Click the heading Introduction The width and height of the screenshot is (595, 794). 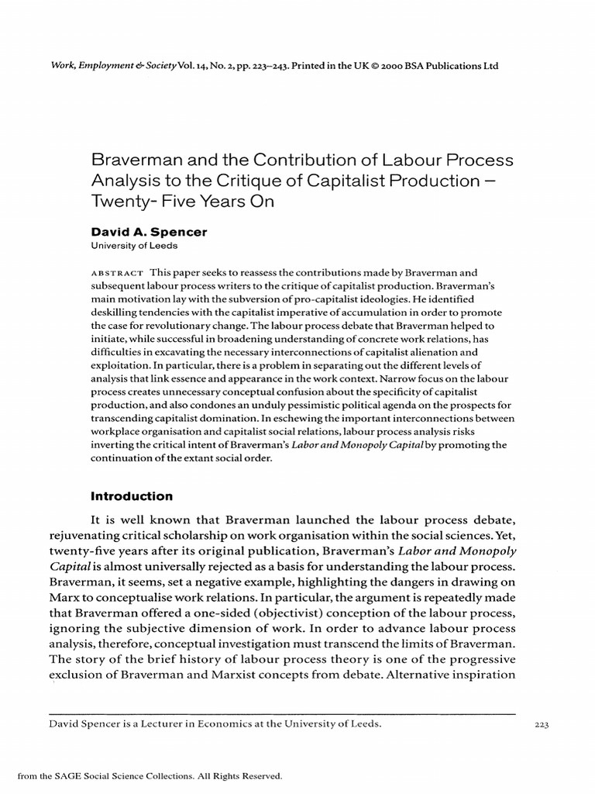(x=132, y=496)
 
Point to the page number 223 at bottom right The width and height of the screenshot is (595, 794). (x=542, y=725)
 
